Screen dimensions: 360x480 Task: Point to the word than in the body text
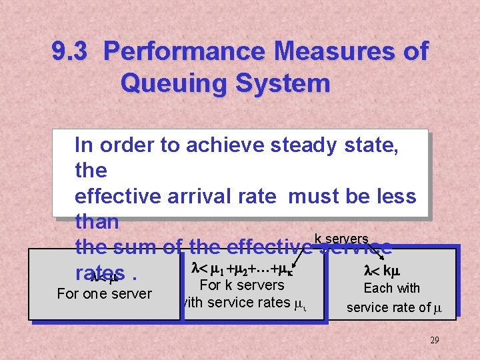coord(97,221)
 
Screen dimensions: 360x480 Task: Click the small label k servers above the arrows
coord(341,239)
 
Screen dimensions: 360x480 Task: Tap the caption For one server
coord(104,293)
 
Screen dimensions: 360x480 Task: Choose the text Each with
coord(391,289)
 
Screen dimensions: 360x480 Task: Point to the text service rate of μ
coord(394,307)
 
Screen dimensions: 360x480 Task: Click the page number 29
coord(434,340)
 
